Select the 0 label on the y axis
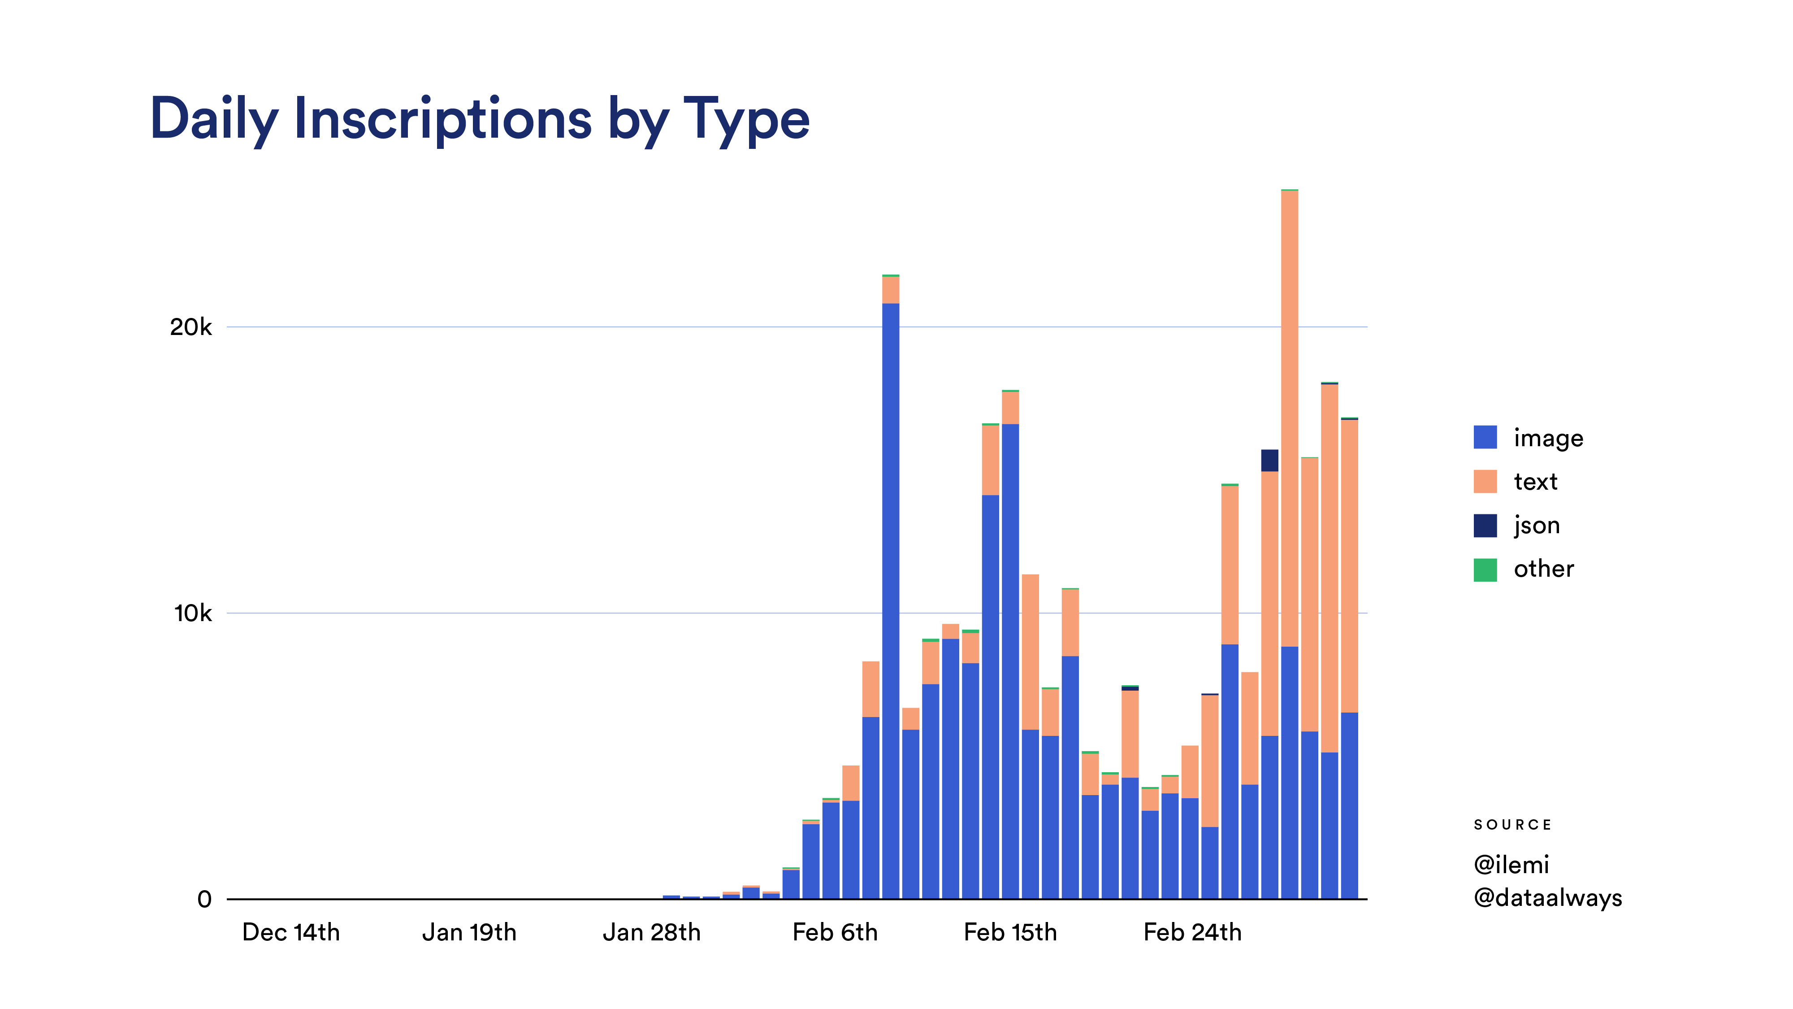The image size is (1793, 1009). click(x=204, y=899)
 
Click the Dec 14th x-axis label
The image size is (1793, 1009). click(x=291, y=932)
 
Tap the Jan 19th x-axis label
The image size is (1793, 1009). click(x=469, y=932)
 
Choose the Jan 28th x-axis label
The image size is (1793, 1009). click(x=651, y=932)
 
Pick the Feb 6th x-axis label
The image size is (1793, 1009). click(x=835, y=932)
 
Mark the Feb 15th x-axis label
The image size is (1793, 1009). click(x=1010, y=932)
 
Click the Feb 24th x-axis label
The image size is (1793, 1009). click(x=1192, y=932)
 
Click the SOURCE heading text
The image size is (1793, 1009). click(x=1512, y=825)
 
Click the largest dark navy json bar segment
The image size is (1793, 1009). click(x=1269, y=460)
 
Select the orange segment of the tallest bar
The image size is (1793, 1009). click(x=1289, y=418)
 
